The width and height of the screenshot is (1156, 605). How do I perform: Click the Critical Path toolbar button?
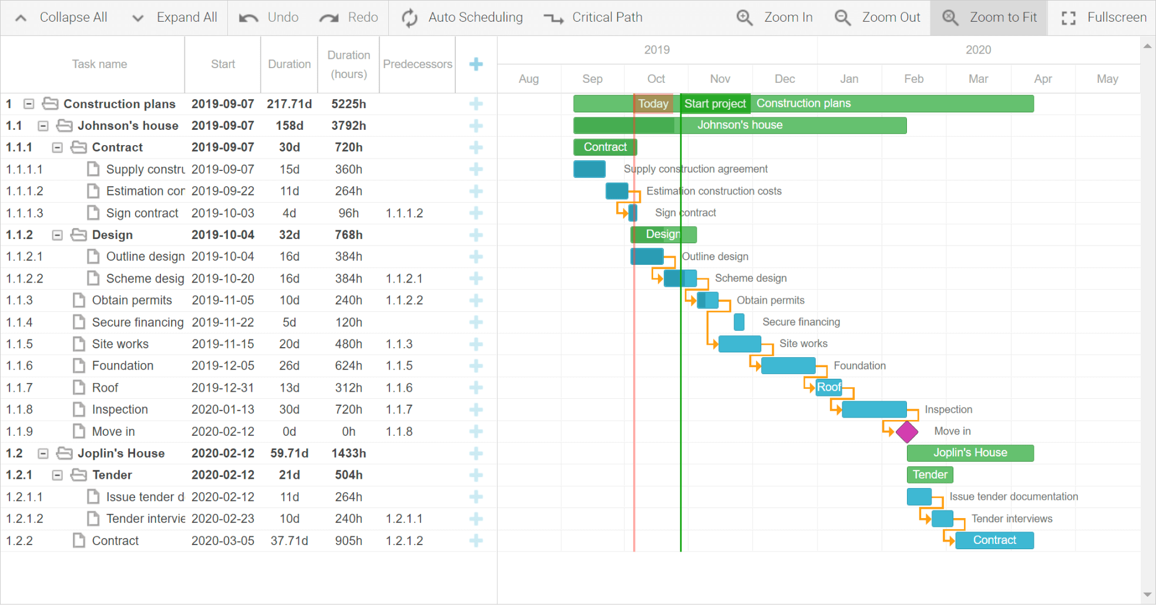pyautogui.click(x=593, y=18)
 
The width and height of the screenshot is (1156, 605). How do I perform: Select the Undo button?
pyautogui.click(x=269, y=18)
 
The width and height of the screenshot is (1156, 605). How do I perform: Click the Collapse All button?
pyautogui.click(x=61, y=18)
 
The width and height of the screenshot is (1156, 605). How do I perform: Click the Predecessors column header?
pyautogui.click(x=417, y=64)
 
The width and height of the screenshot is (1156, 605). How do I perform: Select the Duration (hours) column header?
pyautogui.click(x=348, y=64)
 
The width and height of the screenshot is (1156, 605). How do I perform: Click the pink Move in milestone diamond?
pyautogui.click(x=907, y=432)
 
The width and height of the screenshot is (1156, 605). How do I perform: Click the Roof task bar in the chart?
pyautogui.click(x=828, y=387)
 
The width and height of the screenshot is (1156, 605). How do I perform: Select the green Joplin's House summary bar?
pyautogui.click(x=970, y=453)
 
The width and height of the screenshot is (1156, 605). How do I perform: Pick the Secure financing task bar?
pyautogui.click(x=739, y=322)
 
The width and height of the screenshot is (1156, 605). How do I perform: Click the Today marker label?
pyautogui.click(x=653, y=104)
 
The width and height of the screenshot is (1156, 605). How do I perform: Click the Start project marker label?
pyautogui.click(x=715, y=104)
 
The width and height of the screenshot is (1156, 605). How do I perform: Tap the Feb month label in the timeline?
pyautogui.click(x=913, y=79)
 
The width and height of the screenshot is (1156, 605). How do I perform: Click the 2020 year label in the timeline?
pyautogui.click(x=978, y=50)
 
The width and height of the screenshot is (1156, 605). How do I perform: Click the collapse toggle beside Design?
pyautogui.click(x=57, y=235)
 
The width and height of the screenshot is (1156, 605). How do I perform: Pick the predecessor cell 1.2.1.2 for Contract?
pyautogui.click(x=404, y=541)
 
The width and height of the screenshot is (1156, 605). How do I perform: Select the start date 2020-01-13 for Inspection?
pyautogui.click(x=223, y=409)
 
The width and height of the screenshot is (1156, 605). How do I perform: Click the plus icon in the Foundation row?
pyautogui.click(x=476, y=366)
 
